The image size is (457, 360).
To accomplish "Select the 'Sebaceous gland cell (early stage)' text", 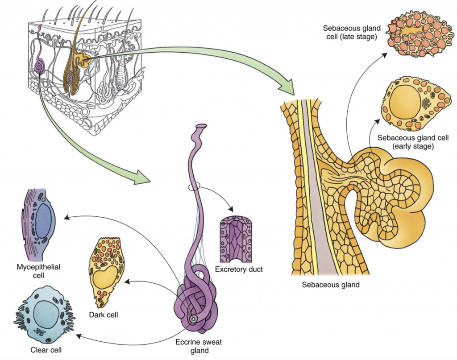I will tap(405, 141).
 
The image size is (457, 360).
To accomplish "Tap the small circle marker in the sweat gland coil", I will tap(193, 319).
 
